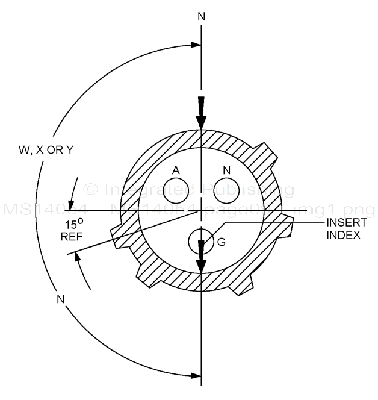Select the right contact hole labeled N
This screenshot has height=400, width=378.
(x=227, y=192)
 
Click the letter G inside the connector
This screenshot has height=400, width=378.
(x=221, y=242)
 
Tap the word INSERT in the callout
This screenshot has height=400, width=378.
(x=342, y=223)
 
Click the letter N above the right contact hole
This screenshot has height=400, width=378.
(x=227, y=171)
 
